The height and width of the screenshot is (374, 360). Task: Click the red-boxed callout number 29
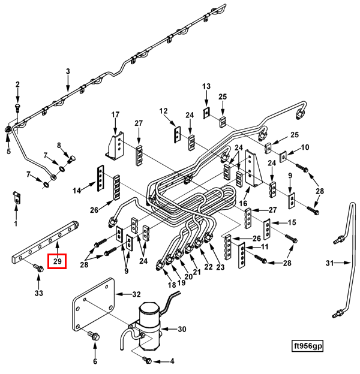click(x=58, y=261)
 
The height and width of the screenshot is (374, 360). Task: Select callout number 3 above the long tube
click(x=68, y=72)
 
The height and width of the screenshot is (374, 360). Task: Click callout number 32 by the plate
click(x=136, y=294)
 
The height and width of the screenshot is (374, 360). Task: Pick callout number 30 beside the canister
click(x=182, y=329)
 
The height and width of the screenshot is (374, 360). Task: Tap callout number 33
click(x=38, y=293)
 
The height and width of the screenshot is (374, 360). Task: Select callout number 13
click(x=206, y=86)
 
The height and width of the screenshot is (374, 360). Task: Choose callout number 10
click(x=305, y=147)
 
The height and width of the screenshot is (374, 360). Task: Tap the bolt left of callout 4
click(x=148, y=360)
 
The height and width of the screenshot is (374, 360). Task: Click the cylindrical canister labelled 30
click(x=149, y=324)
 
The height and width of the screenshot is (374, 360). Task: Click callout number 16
click(x=244, y=203)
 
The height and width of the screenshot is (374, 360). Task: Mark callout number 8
click(x=59, y=146)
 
